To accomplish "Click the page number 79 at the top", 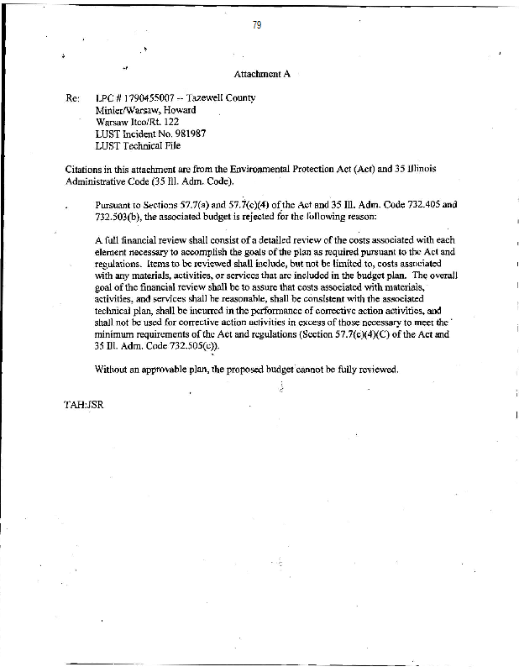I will click(257, 25).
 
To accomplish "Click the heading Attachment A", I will click(262, 74).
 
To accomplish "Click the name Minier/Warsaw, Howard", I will click(146, 109).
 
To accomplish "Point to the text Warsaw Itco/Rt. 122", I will click(138, 121).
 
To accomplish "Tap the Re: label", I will click(72, 97).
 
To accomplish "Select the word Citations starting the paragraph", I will click(86, 169).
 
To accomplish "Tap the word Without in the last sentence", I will click(114, 370).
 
